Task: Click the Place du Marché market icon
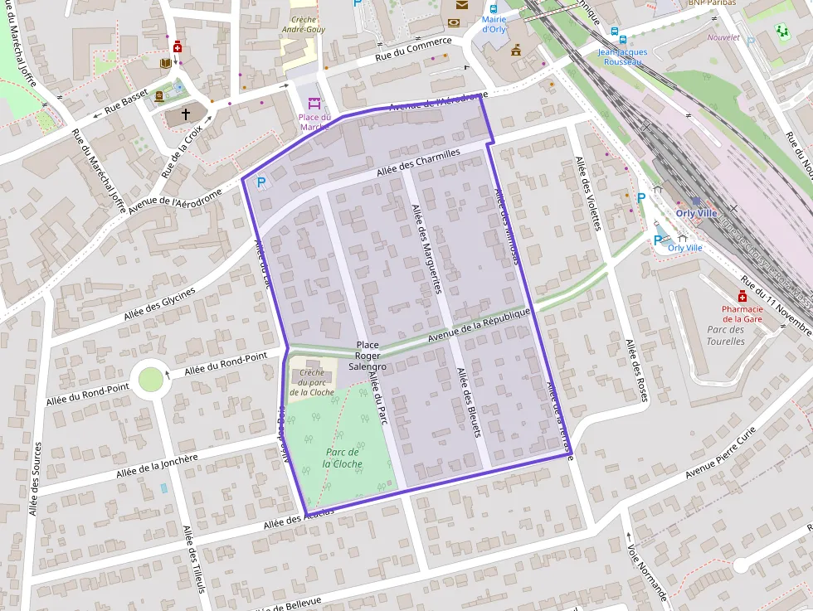[314, 104]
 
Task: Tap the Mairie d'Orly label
[494, 24]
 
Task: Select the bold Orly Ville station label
[695, 213]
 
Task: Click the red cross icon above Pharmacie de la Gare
[742, 297]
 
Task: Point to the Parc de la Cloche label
[342, 458]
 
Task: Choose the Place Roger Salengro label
[367, 355]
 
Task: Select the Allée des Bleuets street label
[469, 401]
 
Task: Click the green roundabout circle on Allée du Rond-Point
[151, 380]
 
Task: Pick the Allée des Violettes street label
[587, 193]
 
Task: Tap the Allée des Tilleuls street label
[193, 559]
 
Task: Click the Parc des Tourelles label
[725, 335]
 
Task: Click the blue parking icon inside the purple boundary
[261, 182]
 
